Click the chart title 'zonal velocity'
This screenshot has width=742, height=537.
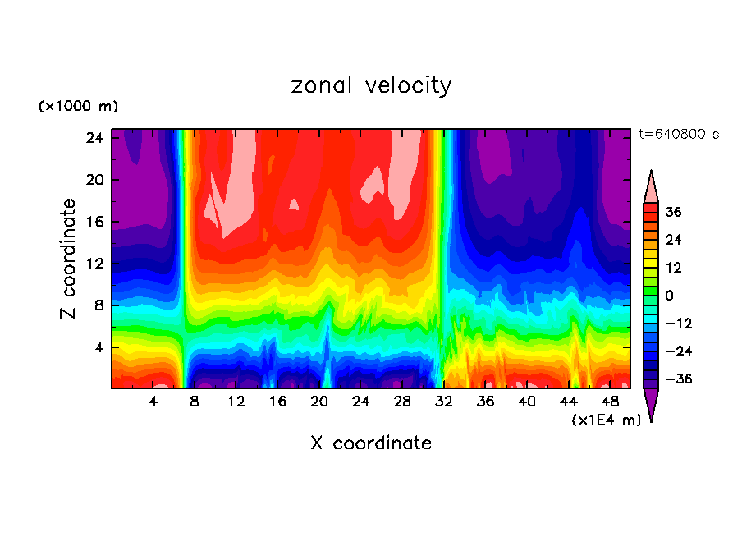pyautogui.click(x=371, y=85)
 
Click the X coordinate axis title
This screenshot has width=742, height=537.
pyautogui.click(x=371, y=443)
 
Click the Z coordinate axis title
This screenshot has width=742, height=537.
pyautogui.click(x=69, y=258)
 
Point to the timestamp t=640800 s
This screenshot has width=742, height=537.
pyautogui.click(x=678, y=135)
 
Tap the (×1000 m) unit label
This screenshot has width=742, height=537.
pyautogui.click(x=78, y=107)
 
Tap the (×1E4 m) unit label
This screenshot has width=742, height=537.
pyautogui.click(x=606, y=420)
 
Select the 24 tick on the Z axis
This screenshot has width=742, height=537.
pyautogui.click(x=95, y=138)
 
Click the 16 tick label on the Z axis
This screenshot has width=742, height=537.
pyautogui.click(x=95, y=222)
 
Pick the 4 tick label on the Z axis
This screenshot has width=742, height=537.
pyautogui.click(x=99, y=347)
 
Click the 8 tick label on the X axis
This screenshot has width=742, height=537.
pyautogui.click(x=195, y=402)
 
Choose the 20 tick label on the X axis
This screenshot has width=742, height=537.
pyautogui.click(x=319, y=402)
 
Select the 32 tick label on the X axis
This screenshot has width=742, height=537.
pyautogui.click(x=444, y=402)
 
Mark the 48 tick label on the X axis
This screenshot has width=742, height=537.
pyautogui.click(x=610, y=402)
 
